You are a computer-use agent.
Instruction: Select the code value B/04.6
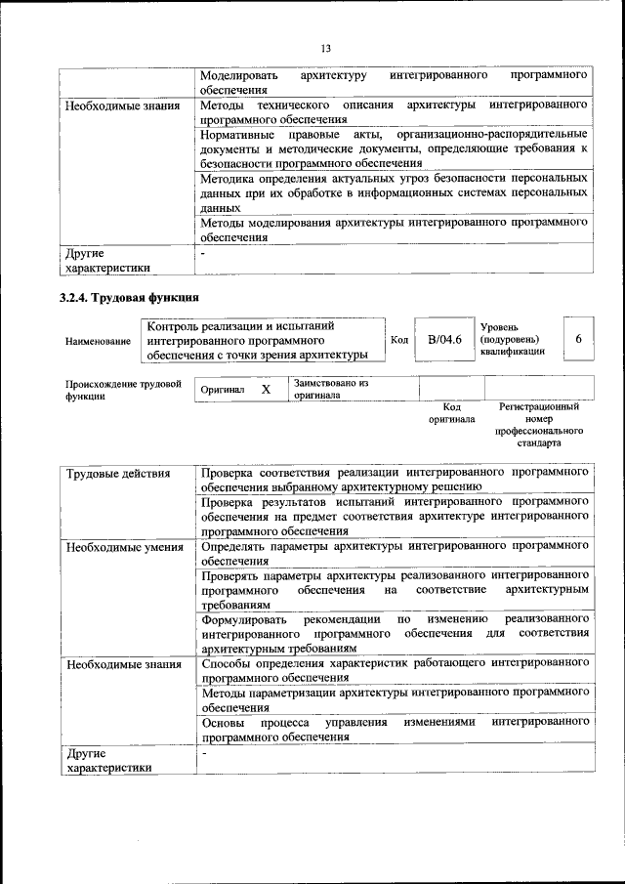[444, 339]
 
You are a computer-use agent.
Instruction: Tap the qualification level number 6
[578, 339]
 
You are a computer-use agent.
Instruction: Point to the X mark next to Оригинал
[266, 390]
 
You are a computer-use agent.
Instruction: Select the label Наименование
[98, 341]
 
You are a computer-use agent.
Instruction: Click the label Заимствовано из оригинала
[330, 390]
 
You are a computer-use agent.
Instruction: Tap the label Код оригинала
[451, 412]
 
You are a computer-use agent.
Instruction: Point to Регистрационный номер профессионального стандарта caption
[538, 424]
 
